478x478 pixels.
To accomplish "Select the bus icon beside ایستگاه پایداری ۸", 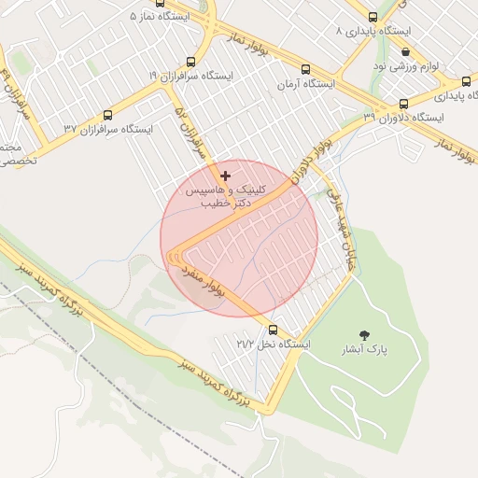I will click(373, 17).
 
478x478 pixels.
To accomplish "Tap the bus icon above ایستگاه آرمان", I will click(306, 69).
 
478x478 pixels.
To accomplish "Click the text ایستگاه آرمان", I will click(305, 84).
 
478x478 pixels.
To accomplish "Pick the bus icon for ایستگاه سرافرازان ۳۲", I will click(108, 116).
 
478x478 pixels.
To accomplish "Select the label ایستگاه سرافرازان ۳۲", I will click(108, 129).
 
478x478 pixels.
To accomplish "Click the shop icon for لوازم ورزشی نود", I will click(404, 52).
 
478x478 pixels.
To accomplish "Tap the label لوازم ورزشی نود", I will click(404, 66).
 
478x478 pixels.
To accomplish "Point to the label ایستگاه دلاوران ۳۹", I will click(404, 118).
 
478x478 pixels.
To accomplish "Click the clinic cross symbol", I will click(225, 176).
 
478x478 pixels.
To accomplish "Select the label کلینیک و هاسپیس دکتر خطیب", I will click(225, 194).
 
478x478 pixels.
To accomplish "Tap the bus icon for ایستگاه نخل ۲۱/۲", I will click(273, 330).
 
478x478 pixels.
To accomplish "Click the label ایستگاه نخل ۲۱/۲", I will click(273, 344).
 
